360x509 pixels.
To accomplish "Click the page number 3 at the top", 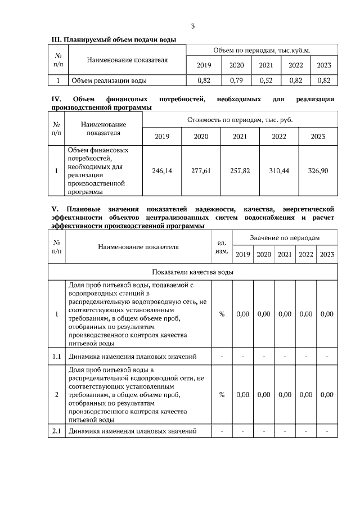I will click(x=193, y=26).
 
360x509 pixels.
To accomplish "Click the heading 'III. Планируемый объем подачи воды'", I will click(x=114, y=39).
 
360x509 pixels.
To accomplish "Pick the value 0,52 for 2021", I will click(x=265, y=80).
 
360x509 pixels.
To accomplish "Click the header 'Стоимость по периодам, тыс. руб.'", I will click(x=240, y=120).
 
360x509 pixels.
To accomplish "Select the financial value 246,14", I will click(x=162, y=170).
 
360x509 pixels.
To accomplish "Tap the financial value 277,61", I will click(x=201, y=170).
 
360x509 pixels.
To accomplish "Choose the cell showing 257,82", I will click(x=240, y=170).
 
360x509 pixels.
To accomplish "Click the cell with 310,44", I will click(x=279, y=170).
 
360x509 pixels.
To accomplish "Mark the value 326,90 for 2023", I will click(x=318, y=170).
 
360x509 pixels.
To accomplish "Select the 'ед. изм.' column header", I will click(x=222, y=246).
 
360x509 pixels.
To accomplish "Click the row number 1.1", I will click(x=57, y=357).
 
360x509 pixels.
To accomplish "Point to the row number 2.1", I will click(x=57, y=431).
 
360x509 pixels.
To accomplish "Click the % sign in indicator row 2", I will click(x=222, y=394).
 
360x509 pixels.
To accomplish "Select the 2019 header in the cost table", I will click(x=162, y=137).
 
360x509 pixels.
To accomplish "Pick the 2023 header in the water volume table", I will click(x=324, y=65).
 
